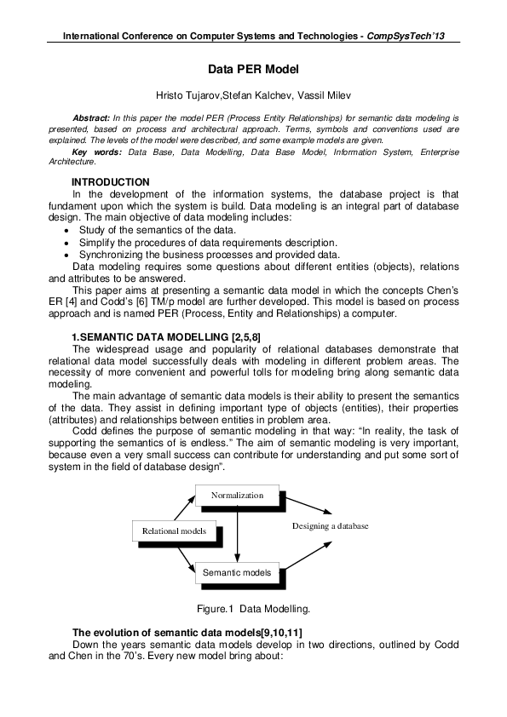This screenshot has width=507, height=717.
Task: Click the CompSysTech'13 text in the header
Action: point(408,37)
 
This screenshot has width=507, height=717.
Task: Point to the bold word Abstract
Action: point(93,114)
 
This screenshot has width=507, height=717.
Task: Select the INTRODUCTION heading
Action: point(110,182)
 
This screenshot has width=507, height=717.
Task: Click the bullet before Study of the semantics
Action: point(67,230)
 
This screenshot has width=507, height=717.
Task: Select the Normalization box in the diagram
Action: point(238,495)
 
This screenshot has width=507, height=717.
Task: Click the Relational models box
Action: point(174,531)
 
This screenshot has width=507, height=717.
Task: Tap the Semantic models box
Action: point(237,572)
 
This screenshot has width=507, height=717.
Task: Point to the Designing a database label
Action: point(330,526)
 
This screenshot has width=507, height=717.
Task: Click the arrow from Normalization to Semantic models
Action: point(238,533)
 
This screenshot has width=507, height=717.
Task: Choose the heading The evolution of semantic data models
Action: point(183,632)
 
